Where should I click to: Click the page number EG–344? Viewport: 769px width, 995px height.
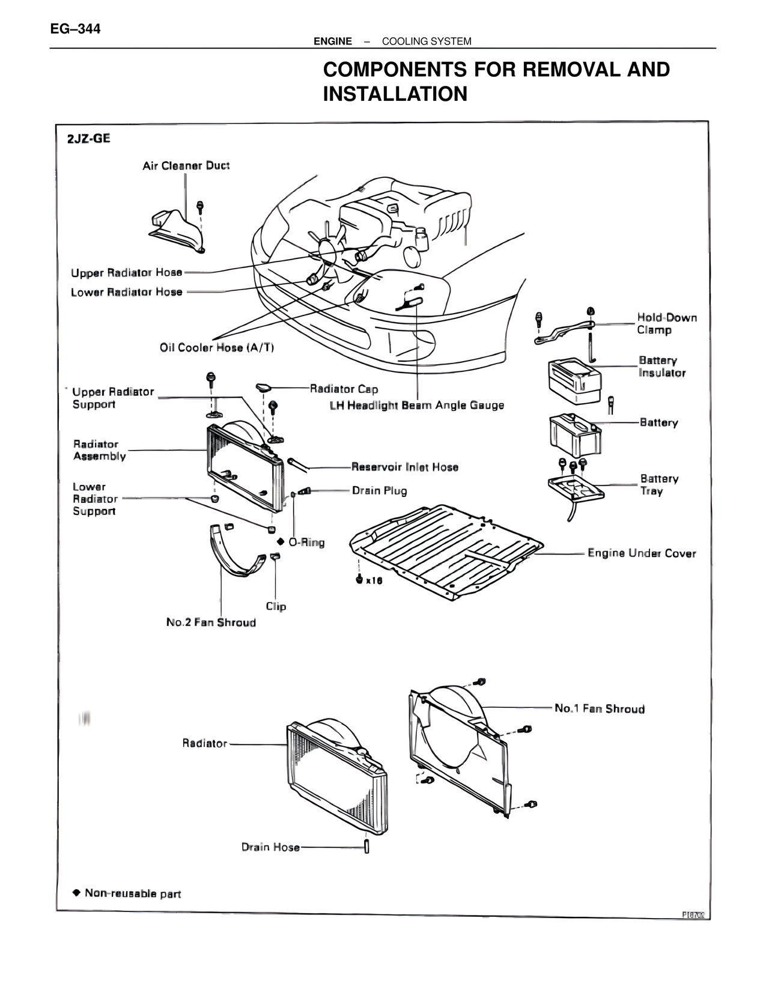[x=75, y=28]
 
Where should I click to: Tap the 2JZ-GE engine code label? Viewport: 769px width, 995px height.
[x=88, y=139]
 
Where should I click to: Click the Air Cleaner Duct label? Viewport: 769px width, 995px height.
[x=186, y=165]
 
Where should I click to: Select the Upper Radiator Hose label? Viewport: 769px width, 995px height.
[x=126, y=273]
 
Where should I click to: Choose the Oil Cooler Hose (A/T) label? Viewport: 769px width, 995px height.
[x=217, y=347]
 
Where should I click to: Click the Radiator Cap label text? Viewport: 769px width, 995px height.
[x=344, y=389]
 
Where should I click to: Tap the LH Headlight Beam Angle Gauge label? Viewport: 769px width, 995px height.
[x=416, y=405]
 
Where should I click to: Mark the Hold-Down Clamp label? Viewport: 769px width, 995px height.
[x=666, y=323]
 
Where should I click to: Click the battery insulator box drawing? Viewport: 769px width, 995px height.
[x=574, y=381]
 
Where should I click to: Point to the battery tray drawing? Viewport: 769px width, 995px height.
[x=576, y=488]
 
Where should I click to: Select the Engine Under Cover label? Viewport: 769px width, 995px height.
[x=641, y=553]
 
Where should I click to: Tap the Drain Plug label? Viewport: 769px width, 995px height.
[x=379, y=490]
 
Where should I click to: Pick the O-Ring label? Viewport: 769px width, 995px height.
[x=306, y=542]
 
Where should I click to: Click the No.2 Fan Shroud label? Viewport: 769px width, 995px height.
[x=211, y=622]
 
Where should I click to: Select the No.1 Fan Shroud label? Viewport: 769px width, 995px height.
[x=599, y=708]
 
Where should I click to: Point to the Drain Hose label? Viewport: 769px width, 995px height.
[x=270, y=847]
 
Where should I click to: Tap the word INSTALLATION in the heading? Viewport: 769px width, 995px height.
[x=395, y=94]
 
